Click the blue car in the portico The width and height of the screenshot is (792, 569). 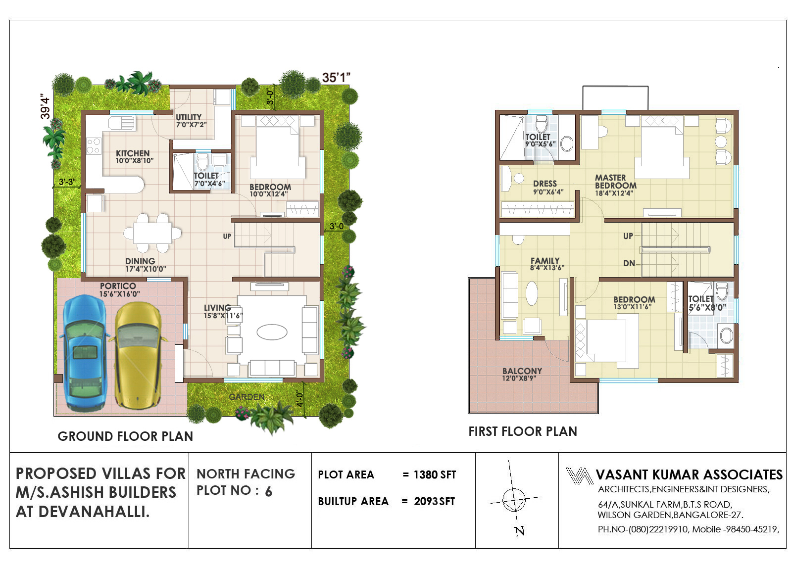click(85, 353)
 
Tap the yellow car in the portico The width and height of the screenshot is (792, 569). click(139, 355)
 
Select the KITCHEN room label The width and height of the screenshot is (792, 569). click(133, 153)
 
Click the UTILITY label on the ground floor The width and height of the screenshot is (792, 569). click(189, 117)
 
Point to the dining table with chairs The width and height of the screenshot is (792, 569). click(152, 233)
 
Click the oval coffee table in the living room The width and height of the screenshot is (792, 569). click(272, 332)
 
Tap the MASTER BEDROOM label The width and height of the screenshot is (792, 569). click(616, 182)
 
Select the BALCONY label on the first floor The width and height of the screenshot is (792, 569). click(522, 371)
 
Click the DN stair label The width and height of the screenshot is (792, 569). click(629, 263)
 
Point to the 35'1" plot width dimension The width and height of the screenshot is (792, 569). click(336, 77)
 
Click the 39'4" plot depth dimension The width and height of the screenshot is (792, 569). click(45, 106)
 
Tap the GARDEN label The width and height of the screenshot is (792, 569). click(247, 397)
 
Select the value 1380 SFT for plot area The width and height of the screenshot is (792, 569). click(435, 474)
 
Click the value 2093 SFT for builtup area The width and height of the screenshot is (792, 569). click(435, 501)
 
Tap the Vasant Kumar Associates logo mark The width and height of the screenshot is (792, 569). click(579, 475)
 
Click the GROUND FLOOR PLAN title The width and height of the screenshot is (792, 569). click(126, 436)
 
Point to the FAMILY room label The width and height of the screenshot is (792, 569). click(545, 260)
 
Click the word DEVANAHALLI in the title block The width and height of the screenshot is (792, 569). click(94, 512)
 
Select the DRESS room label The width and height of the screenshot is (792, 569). click(545, 184)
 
